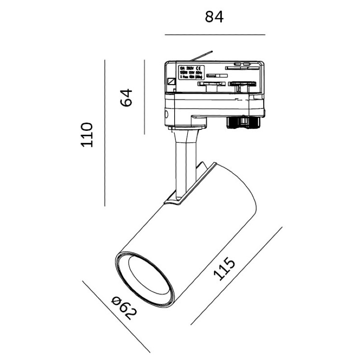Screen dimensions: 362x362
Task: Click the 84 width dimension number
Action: tap(214, 17)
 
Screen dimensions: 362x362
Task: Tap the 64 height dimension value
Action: tap(127, 97)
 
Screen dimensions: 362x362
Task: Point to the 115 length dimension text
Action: tap(224, 269)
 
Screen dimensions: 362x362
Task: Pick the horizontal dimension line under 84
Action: tap(214, 35)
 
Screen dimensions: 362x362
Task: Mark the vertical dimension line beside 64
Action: tap(144, 97)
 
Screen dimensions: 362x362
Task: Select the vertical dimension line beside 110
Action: tap(105, 133)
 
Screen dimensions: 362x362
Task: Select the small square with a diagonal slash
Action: tap(171, 82)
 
